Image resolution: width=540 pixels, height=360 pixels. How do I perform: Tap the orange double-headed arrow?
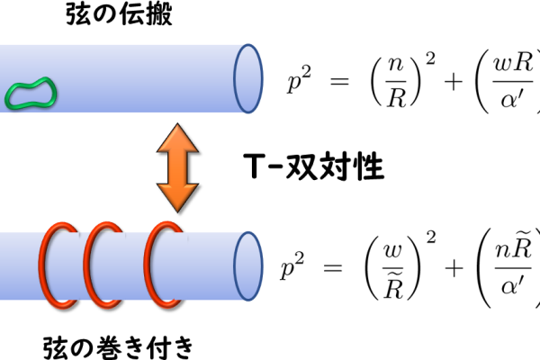(177, 167)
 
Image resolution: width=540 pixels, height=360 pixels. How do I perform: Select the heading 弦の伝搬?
(119, 13)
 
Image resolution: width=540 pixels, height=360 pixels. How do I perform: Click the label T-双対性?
(313, 167)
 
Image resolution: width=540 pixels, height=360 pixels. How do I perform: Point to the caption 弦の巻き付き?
(118, 347)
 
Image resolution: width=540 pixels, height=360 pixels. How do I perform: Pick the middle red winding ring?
(86, 265)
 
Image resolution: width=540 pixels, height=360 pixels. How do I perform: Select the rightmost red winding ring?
(147, 265)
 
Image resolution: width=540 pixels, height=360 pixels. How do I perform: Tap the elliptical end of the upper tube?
(234, 78)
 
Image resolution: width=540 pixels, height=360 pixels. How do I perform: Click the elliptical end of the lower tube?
(234, 266)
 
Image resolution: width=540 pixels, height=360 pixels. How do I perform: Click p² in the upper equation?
(300, 80)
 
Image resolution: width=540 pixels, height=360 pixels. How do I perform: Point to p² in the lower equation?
(292, 266)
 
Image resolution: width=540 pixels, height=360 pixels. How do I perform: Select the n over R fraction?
(396, 82)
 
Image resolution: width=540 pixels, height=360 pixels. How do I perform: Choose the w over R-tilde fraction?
(393, 269)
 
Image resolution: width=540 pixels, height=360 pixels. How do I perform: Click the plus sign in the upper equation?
(454, 82)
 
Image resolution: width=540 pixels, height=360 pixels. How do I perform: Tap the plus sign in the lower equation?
(454, 268)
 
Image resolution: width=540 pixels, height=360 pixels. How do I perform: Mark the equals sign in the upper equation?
(339, 82)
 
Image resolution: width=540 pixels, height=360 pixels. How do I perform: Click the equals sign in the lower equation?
(333, 268)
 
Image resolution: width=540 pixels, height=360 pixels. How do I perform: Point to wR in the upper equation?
(513, 64)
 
